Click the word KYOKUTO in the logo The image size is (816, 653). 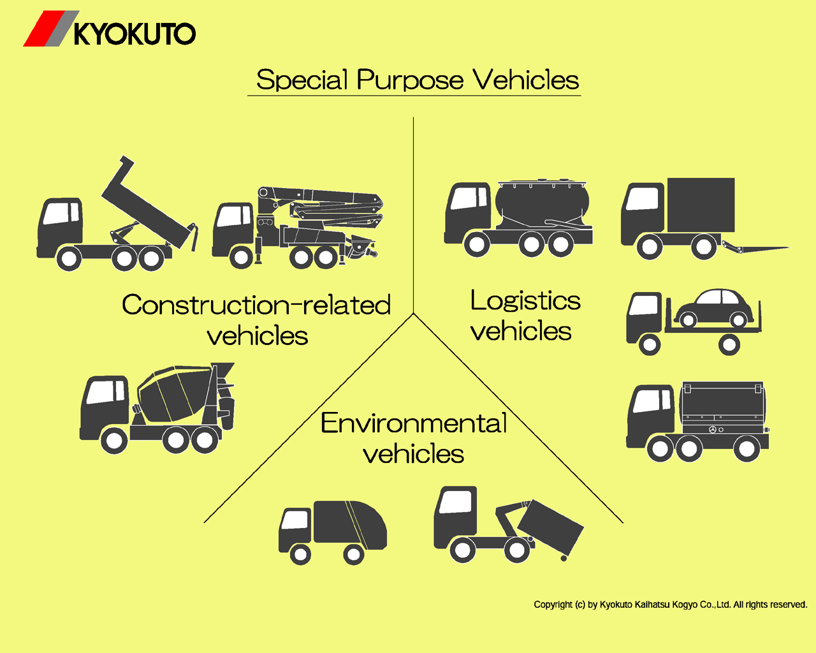coord(135,34)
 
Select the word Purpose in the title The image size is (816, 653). coord(410,80)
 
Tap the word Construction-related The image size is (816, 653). coord(256,305)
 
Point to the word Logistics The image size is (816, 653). coord(525,300)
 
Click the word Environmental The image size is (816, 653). coord(414,423)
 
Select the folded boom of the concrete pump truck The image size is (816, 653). coord(325,204)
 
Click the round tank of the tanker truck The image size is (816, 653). coord(542,203)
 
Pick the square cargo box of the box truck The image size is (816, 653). coord(700,205)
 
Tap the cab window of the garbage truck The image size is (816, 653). coord(295,520)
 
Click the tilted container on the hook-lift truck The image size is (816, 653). coord(550,526)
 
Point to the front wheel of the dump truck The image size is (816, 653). coord(68,259)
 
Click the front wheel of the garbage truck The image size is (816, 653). coord(300,554)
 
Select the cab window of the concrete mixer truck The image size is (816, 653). coord(105,392)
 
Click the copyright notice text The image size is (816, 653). coord(670,605)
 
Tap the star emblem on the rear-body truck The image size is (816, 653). coord(713,430)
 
